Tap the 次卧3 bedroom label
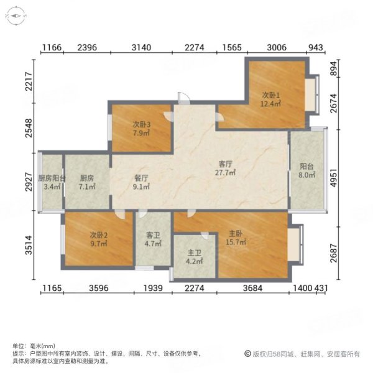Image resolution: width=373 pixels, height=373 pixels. pos(142,123)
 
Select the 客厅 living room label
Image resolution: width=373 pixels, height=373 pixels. pos(226,164)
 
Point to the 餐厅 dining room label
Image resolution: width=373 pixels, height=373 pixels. pos(142,177)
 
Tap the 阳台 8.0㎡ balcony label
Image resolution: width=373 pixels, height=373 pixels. pos(307,167)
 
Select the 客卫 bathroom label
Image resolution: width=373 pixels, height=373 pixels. pos(153,235)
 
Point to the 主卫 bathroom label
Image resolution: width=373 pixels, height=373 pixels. pos(195,253)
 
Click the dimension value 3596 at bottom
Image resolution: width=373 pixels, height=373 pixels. pos(99,288)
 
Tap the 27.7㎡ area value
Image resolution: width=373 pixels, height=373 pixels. pos(226,173)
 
